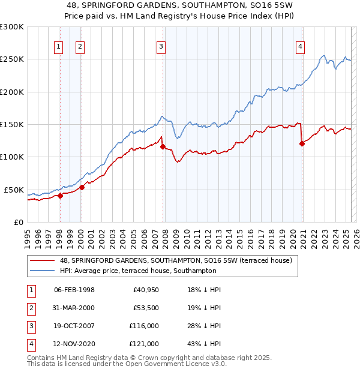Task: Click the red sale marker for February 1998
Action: [x=60, y=196]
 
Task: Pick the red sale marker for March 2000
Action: [x=82, y=187]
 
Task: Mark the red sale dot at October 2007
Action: [x=163, y=146]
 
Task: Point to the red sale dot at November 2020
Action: [x=302, y=143]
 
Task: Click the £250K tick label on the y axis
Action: [x=12, y=59]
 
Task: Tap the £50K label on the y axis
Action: [x=14, y=190]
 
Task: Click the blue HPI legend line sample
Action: [x=43, y=271]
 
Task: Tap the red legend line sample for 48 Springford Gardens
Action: [x=43, y=261]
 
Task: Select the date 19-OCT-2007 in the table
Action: [x=74, y=326]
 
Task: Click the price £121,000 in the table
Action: [x=144, y=344]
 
